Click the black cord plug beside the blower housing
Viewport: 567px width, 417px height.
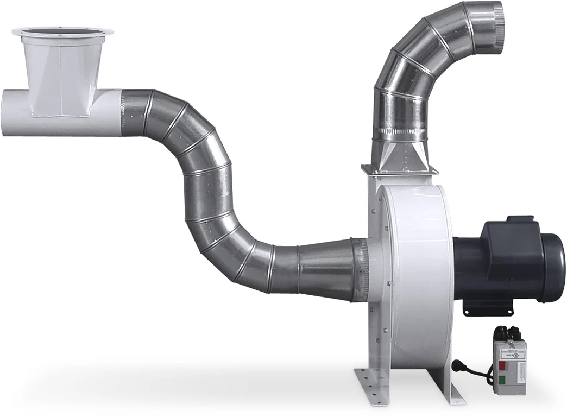click(456, 364)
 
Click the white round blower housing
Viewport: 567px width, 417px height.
click(415, 271)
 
